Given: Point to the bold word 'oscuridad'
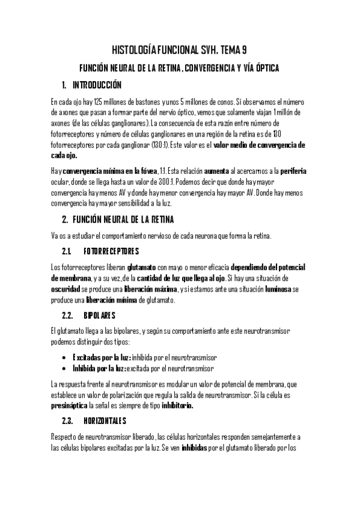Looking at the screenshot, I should (x=66, y=289).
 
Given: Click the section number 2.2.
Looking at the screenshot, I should (x=68, y=315).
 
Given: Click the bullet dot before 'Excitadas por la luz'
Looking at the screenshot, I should (x=65, y=357).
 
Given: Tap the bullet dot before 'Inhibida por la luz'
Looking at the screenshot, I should (x=65, y=368).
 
